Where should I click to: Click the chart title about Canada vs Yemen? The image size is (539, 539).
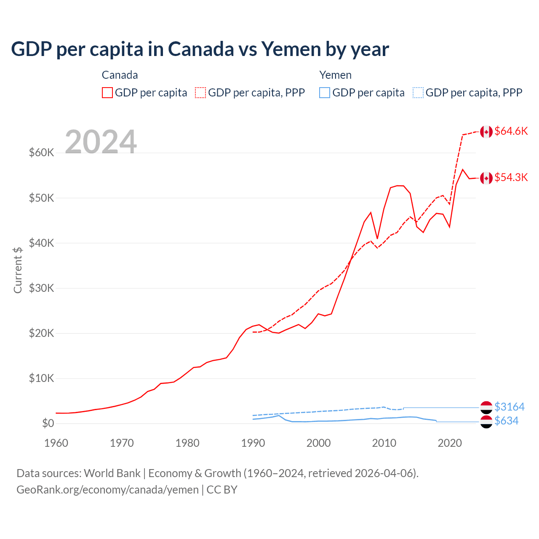pos(200,49)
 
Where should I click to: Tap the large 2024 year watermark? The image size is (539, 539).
pos(101,142)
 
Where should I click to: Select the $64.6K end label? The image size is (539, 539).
pos(511,131)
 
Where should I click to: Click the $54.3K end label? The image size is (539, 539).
pos(511,177)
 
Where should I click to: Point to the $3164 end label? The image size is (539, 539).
pos(509,407)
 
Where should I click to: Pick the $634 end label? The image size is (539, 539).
pos(506,421)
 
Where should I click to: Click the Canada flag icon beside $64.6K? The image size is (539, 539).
pos(486,132)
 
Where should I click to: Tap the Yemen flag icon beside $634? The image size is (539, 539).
pos(486,422)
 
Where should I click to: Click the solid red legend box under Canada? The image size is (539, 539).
pos(107,93)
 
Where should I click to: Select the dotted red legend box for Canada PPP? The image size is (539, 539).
pos(200,93)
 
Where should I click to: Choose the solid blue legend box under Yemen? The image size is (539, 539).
pos(325,93)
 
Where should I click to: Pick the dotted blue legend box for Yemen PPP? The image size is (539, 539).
pos(418,93)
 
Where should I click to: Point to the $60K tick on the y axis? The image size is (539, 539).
pos(41,152)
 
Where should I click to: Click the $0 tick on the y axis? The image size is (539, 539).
pos(48,423)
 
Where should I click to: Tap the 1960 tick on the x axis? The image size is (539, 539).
pos(56,443)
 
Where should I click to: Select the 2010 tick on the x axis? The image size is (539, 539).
pos(384,443)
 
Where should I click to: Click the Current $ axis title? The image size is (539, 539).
pos(18,270)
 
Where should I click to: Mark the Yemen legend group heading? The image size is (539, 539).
pos(335,75)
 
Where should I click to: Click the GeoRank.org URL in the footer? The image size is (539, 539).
pos(107,490)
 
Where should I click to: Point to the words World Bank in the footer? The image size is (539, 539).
pos(112,473)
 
